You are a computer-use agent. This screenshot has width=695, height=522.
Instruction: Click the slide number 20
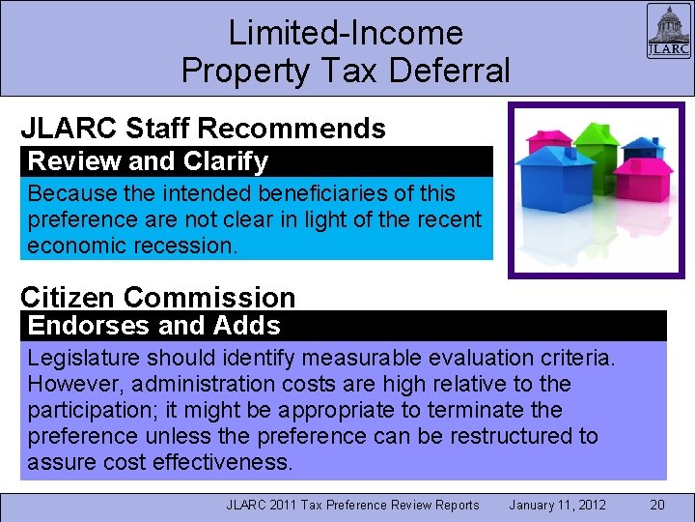pyautogui.click(x=656, y=505)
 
